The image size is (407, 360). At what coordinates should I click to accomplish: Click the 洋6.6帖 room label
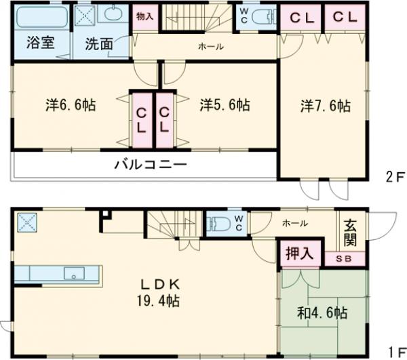pyautogui.click(x=70, y=105)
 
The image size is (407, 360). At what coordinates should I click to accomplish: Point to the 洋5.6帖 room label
pyautogui.click(x=225, y=105)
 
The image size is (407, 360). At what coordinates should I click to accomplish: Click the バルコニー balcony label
pyautogui.click(x=150, y=164)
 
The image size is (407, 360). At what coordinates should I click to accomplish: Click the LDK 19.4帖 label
pyautogui.click(x=159, y=290)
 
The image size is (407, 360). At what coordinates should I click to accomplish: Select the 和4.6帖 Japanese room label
pyautogui.click(x=323, y=313)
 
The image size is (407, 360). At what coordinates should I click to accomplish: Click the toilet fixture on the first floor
pyautogui.click(x=218, y=224)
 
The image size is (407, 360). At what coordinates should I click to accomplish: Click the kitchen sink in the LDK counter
pyautogui.click(x=74, y=273)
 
